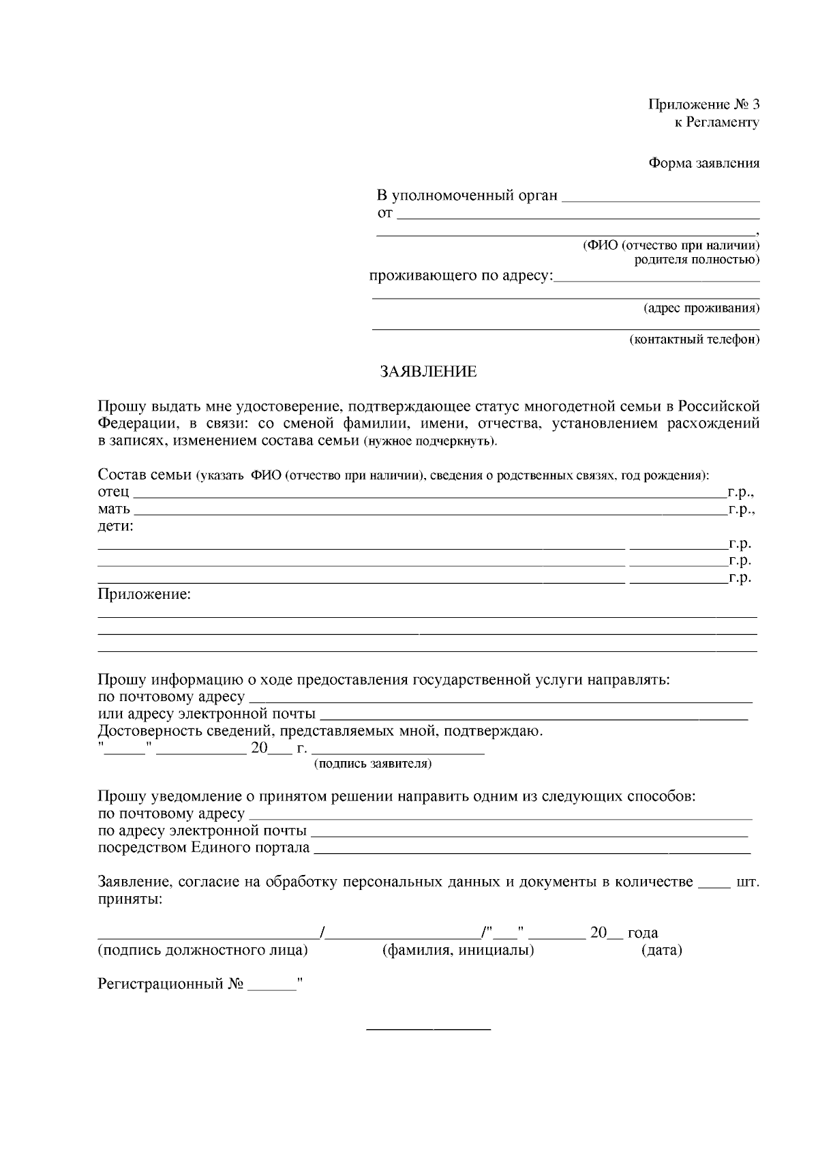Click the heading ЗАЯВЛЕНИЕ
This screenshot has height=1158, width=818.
[428, 372]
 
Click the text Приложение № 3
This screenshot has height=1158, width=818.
[703, 104]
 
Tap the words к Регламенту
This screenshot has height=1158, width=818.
[716, 122]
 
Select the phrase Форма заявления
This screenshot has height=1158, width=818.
[703, 163]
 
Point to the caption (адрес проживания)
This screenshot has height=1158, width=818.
[701, 308]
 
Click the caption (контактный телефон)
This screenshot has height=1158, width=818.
[694, 339]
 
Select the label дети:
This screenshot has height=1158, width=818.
[116, 526]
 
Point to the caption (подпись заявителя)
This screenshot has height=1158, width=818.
[372, 764]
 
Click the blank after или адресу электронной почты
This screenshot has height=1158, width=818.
[533, 717]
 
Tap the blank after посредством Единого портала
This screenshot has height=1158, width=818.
[532, 850]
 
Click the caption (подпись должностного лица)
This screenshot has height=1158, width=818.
[202, 950]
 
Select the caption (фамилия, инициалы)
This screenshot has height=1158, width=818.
[457, 950]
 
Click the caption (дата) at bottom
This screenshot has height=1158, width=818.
[661, 950]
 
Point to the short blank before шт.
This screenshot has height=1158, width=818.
[714, 884]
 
